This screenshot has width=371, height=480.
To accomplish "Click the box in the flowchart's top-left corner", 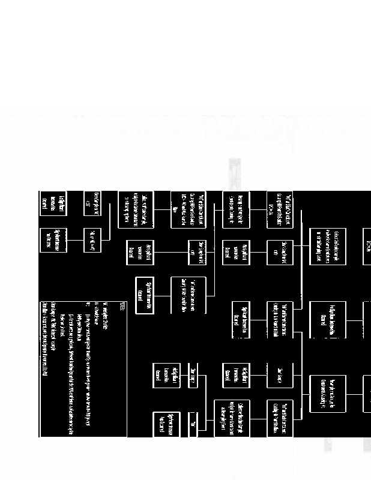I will [x=53, y=203].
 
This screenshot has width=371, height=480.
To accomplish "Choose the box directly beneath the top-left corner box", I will [x=53, y=240].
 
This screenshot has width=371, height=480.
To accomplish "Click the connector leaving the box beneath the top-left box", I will [x=74, y=240].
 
